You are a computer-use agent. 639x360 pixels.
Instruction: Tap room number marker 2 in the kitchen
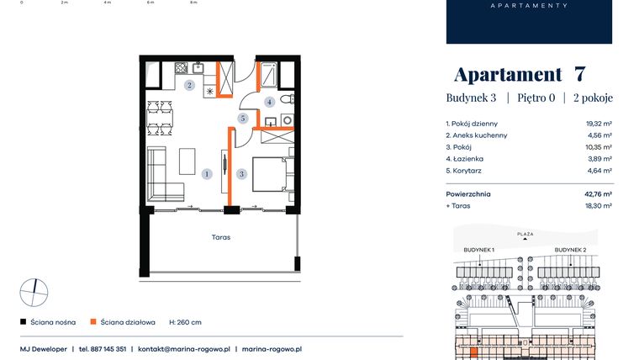[x=190, y=86]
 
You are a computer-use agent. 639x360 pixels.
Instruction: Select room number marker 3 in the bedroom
[x=241, y=174]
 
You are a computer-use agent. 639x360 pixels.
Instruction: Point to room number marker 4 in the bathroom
[x=269, y=102]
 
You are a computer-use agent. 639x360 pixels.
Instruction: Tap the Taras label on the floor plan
[x=221, y=237]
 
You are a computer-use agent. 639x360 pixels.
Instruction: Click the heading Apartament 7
[x=520, y=74]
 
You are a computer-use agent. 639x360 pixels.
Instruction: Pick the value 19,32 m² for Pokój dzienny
[x=598, y=124]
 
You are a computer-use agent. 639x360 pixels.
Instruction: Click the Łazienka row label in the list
[x=467, y=157]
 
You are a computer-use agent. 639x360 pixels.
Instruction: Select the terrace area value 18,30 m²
[x=598, y=204]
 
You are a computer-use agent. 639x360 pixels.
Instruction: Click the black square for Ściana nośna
[x=23, y=322]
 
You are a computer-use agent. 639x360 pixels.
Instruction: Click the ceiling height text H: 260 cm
[x=185, y=322]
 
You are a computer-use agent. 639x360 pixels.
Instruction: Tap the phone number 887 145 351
[x=103, y=348]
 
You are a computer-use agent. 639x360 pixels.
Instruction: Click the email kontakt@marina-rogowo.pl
[x=182, y=348]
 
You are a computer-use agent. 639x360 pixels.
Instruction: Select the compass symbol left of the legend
[x=34, y=292]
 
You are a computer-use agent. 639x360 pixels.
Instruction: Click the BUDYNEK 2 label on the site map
[x=570, y=250]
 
